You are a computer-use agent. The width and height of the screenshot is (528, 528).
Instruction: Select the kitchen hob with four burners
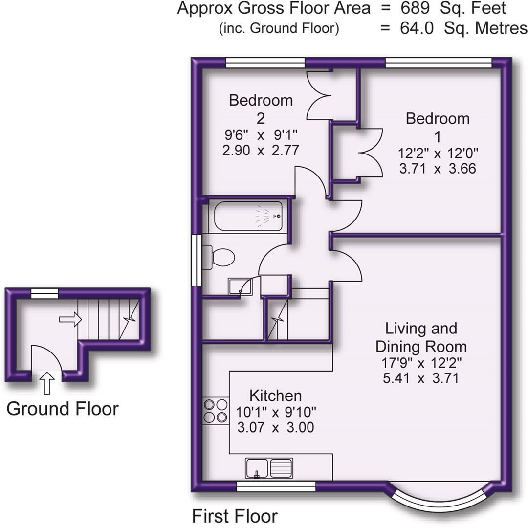click(x=216, y=411)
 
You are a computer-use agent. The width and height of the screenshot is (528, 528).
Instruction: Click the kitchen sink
click(x=269, y=467)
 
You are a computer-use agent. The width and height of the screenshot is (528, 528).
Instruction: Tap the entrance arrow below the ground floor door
click(x=47, y=382)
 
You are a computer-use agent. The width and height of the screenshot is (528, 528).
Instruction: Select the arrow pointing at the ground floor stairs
click(x=70, y=319)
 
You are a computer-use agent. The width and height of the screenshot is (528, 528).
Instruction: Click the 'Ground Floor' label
click(x=62, y=408)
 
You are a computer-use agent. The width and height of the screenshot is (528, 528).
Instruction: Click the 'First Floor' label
click(x=235, y=516)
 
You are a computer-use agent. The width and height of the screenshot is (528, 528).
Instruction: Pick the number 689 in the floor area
click(x=416, y=8)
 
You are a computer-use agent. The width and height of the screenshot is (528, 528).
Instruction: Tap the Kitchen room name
click(x=275, y=395)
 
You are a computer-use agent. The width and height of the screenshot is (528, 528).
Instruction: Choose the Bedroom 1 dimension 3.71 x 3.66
click(x=437, y=169)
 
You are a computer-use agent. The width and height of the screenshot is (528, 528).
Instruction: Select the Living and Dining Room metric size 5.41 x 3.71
click(x=420, y=377)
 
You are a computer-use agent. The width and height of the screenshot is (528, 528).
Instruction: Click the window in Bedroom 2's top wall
click(x=265, y=63)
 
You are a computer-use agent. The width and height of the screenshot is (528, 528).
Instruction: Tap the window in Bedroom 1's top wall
click(x=438, y=63)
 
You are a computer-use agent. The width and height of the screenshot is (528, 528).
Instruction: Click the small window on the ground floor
click(x=44, y=293)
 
